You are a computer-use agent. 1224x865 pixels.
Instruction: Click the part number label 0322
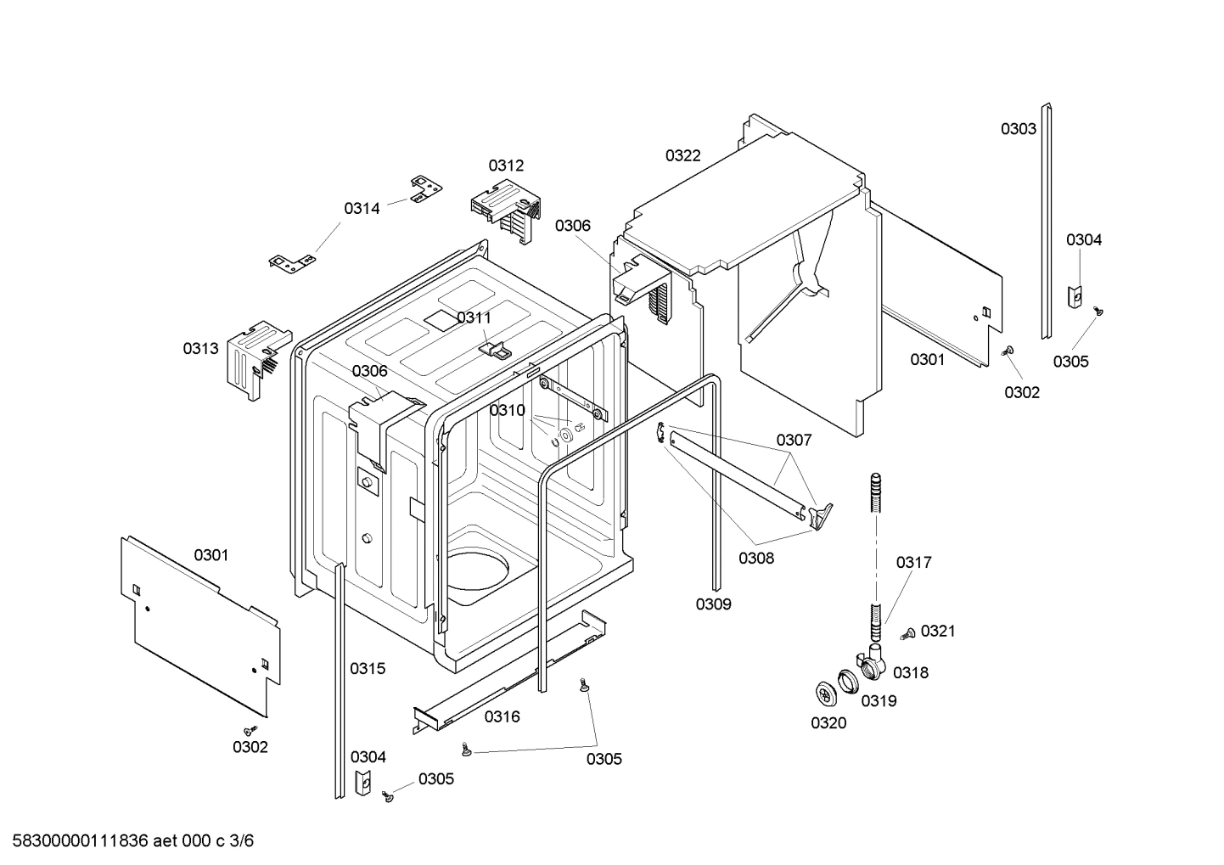tap(682, 155)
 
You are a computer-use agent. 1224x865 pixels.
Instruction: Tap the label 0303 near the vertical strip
tap(1018, 129)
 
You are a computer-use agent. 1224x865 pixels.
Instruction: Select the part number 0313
tap(200, 348)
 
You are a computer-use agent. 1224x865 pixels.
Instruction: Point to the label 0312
tap(506, 166)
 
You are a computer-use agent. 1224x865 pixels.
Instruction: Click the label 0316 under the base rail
tap(502, 716)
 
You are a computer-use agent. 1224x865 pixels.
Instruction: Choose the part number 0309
tap(713, 604)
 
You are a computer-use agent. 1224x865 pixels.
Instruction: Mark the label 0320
tap(828, 723)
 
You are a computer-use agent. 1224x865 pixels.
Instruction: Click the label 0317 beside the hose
tap(913, 562)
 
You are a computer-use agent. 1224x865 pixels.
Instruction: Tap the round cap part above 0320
tap(825, 693)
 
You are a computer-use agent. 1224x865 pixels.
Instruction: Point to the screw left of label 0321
tap(907, 632)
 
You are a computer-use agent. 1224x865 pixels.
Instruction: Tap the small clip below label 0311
tap(496, 348)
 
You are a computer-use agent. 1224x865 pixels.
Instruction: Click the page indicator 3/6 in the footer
tap(243, 841)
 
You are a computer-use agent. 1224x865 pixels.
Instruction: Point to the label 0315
tap(368, 668)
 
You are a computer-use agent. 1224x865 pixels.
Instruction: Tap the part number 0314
tap(362, 208)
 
